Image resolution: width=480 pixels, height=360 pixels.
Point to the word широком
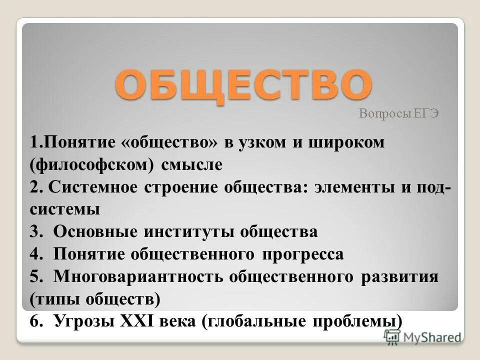click(x=348, y=142)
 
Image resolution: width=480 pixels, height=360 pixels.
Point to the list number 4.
click(x=34, y=254)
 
